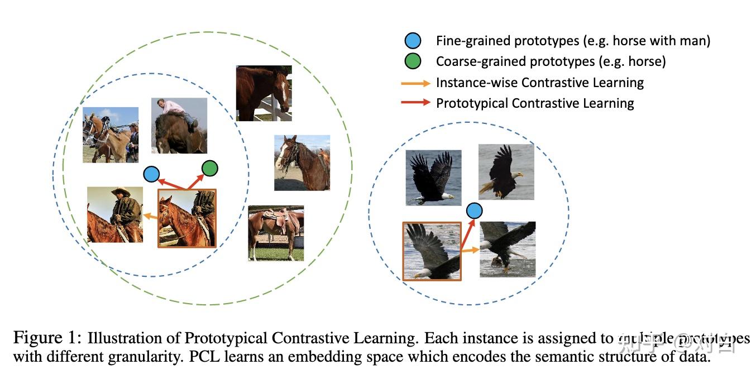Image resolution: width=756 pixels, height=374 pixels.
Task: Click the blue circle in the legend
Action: point(413,41)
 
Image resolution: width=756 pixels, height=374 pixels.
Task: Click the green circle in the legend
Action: point(413,61)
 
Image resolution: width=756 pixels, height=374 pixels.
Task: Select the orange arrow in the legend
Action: point(415,83)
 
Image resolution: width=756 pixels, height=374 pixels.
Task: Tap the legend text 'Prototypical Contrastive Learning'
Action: point(534,103)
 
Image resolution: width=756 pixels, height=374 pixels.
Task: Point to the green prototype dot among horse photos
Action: point(210,167)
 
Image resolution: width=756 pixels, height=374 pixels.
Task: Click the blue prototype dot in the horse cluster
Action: point(151,174)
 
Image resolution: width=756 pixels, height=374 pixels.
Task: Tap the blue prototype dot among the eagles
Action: point(474,210)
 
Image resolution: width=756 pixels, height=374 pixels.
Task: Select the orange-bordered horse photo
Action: point(187,218)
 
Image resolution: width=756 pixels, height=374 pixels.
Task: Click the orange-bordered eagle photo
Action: point(432,251)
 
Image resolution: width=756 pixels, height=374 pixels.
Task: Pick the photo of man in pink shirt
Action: point(179,126)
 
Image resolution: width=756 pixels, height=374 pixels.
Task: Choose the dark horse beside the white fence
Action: point(263,93)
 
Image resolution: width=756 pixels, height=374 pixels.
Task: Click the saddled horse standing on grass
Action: point(276,233)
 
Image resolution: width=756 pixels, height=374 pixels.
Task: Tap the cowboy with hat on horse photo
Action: point(114,214)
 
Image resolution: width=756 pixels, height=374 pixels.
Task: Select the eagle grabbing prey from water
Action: point(508,249)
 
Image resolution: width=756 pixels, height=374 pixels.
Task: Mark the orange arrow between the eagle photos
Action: point(470,250)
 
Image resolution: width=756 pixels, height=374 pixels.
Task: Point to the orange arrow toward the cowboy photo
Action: point(150,215)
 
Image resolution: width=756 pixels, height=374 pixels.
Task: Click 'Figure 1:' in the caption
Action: point(47,338)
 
